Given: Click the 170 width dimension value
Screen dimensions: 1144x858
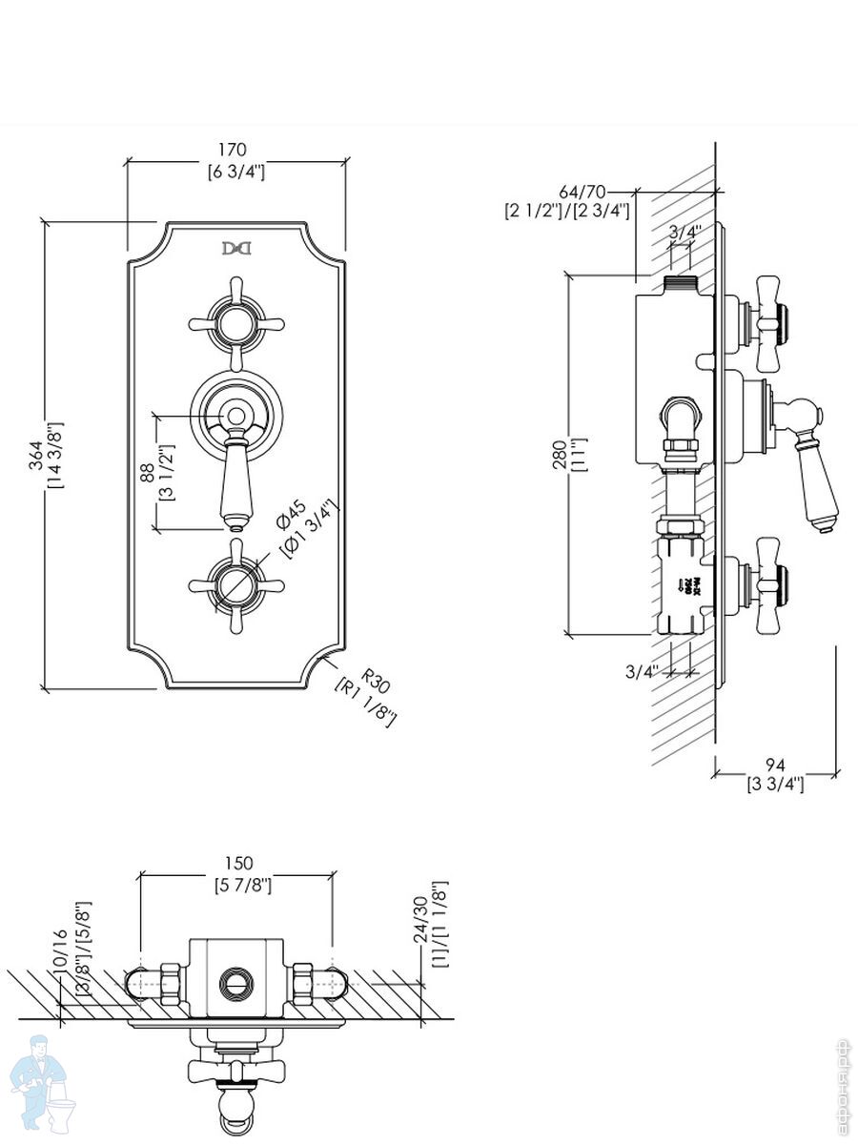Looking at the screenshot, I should (233, 149).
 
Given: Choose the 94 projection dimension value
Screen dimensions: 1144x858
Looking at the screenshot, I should (774, 766).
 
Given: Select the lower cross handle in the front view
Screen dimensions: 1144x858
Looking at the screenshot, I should (235, 583).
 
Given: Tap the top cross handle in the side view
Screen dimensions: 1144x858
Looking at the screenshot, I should (768, 322).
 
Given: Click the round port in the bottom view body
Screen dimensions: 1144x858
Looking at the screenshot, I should (233, 982).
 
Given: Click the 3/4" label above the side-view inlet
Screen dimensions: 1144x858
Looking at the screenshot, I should (684, 232).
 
